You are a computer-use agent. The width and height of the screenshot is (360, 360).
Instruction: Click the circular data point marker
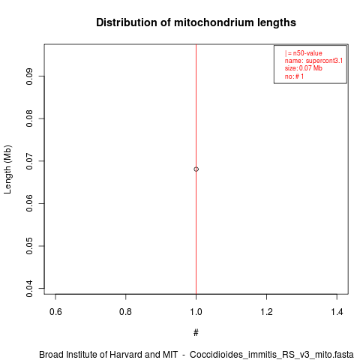196,169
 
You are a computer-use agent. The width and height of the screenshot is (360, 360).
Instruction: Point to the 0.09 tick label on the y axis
29,76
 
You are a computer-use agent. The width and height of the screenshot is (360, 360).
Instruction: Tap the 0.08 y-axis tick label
29,118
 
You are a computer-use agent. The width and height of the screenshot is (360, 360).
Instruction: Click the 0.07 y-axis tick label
29,161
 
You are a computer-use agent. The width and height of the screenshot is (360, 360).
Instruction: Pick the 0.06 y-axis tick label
29,203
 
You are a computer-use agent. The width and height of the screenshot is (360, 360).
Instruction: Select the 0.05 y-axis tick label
29,246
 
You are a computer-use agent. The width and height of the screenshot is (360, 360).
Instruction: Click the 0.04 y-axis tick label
29,288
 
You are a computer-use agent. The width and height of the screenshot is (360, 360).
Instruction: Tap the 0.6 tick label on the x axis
55,312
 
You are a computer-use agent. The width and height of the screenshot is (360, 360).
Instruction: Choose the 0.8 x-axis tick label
125,312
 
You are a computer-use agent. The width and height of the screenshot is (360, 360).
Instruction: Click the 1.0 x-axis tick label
196,312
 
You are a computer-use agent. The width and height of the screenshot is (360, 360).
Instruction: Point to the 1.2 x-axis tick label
266,312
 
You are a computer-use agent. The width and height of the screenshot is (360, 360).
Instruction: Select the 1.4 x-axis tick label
337,312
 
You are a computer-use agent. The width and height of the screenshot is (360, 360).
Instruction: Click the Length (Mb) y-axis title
7,169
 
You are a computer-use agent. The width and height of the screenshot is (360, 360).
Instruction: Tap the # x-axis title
196,333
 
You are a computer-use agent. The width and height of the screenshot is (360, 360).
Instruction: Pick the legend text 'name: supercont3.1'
313,61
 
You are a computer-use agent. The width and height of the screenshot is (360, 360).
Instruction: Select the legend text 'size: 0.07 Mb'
303,68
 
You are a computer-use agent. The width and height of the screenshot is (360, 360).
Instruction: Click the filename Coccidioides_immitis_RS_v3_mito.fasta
271,355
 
